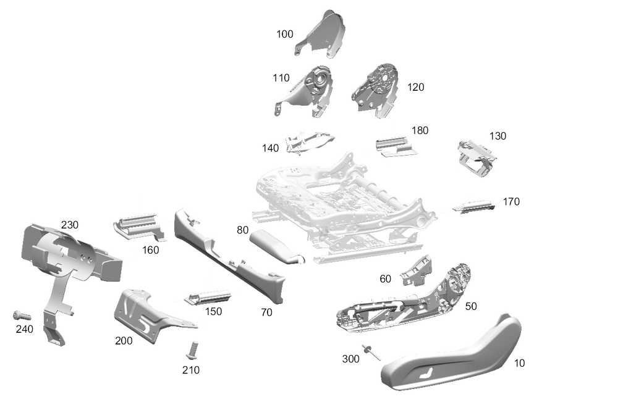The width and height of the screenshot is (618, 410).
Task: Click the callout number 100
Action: [284, 34]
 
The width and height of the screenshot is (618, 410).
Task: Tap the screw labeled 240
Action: [22, 316]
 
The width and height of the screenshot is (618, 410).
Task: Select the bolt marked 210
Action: [192, 350]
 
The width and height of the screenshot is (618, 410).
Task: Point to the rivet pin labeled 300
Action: [372, 351]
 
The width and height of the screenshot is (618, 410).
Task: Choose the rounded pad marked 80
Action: [276, 245]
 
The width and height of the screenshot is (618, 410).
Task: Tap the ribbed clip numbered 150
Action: [208, 297]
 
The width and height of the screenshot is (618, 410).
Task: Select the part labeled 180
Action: [396, 146]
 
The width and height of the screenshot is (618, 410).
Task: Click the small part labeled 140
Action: [310, 142]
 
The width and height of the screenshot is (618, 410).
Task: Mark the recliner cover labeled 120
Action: [375, 91]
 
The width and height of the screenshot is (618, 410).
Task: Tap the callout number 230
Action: [69, 225]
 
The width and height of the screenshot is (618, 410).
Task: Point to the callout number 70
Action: [266, 312]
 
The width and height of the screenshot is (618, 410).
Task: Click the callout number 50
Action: [471, 306]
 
